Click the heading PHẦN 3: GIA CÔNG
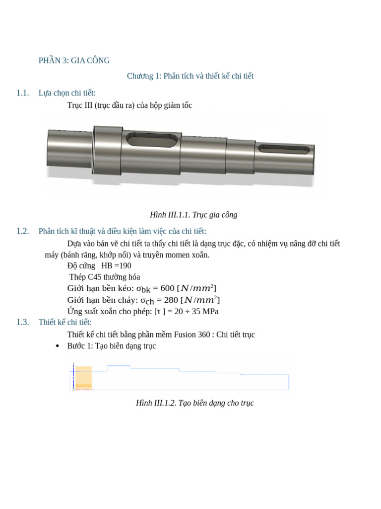(74, 61)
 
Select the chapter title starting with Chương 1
(190, 76)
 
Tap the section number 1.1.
(22, 93)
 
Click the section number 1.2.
(22, 231)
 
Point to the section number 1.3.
(22, 322)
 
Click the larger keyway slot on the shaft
(152, 140)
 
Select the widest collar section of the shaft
(108, 150)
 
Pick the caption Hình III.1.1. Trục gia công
(193, 215)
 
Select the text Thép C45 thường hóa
(105, 277)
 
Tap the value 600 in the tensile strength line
(167, 288)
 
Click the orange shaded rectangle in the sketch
(83, 377)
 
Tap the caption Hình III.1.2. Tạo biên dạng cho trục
(194, 403)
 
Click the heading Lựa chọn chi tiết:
(67, 93)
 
